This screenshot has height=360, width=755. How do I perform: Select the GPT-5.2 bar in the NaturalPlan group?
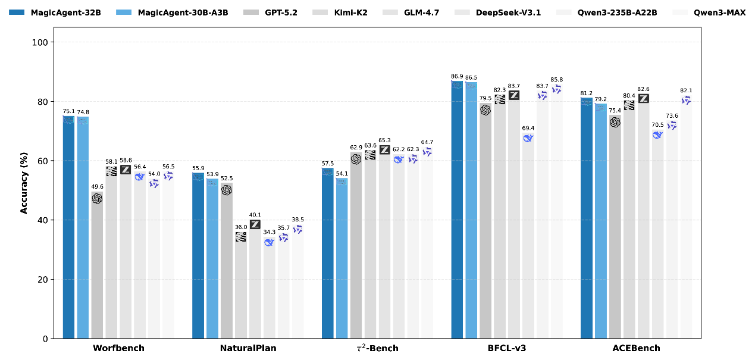[x=226, y=262]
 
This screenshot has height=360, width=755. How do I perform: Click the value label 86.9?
[x=457, y=76]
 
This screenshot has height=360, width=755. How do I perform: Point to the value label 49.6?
[x=97, y=186]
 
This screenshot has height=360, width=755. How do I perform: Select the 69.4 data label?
[x=528, y=128]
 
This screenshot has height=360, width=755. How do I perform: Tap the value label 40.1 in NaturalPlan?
[x=255, y=215]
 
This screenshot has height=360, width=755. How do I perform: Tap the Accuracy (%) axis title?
[x=24, y=183]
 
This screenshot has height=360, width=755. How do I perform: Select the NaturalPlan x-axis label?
[x=248, y=348]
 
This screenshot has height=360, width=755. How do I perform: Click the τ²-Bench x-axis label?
[x=377, y=348]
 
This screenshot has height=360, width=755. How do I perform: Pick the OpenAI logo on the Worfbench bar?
[x=97, y=198]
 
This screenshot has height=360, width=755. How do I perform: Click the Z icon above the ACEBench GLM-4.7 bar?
[x=644, y=98]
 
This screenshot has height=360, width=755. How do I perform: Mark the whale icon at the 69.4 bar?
[x=528, y=138]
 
